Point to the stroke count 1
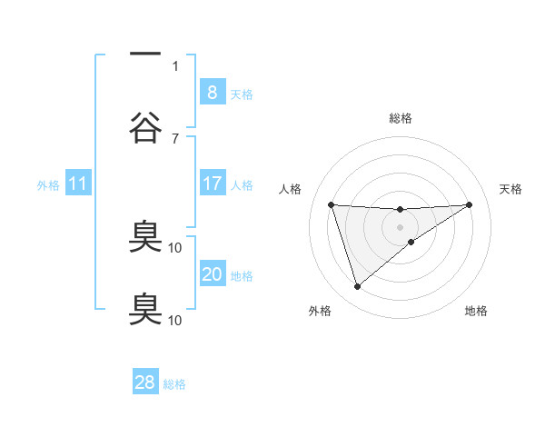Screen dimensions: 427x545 click(x=175, y=65)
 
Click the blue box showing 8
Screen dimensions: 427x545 click(x=212, y=92)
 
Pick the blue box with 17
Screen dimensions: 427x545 click(x=212, y=184)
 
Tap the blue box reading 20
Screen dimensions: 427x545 click(x=212, y=274)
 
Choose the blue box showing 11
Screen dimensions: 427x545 click(x=77, y=184)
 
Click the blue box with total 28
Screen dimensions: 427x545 click(x=145, y=382)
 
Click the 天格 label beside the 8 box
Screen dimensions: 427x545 click(x=242, y=94)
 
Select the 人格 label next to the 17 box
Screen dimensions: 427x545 click(x=242, y=185)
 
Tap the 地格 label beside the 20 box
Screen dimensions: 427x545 click(x=242, y=276)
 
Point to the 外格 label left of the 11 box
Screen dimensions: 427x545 click(x=48, y=185)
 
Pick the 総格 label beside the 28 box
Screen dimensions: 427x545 click(x=174, y=384)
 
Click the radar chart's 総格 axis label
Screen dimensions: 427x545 click(x=400, y=118)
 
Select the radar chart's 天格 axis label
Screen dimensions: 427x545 click(x=511, y=189)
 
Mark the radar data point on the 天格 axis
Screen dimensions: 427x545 click(x=469, y=204)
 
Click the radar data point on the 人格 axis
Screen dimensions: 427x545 click(x=331, y=204)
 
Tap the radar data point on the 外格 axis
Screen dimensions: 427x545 click(x=357, y=287)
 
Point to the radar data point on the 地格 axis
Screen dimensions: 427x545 click(x=411, y=242)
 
